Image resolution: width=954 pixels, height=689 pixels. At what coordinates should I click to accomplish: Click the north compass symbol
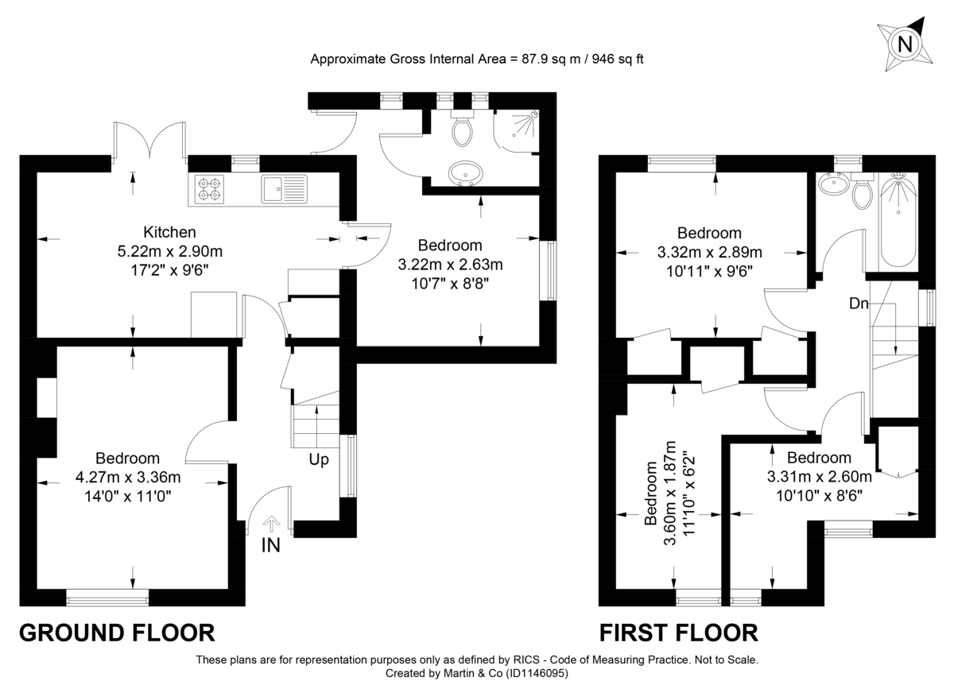click(x=904, y=45)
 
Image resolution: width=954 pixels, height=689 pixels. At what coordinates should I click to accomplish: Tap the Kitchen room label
click(x=169, y=233)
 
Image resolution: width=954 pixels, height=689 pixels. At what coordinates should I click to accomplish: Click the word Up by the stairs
click(x=320, y=459)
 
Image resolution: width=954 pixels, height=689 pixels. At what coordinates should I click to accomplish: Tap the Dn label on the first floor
click(x=858, y=304)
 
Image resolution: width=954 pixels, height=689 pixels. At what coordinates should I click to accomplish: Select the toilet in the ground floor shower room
click(x=462, y=130)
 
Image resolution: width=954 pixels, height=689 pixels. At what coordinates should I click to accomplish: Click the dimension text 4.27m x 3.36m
click(x=128, y=478)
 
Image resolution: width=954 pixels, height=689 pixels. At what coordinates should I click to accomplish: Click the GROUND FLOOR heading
click(x=117, y=633)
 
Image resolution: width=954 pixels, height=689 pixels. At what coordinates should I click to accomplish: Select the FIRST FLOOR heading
click(x=678, y=633)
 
